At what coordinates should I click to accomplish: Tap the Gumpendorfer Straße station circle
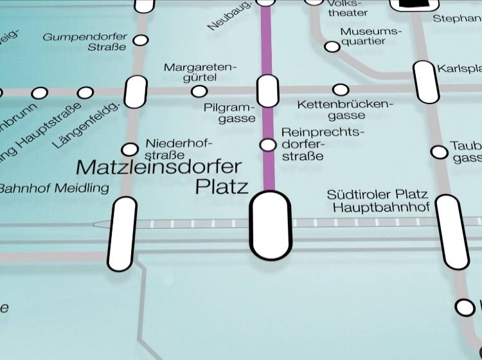click(140, 40)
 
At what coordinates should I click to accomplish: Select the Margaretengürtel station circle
click(199, 91)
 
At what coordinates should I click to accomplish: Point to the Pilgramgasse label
click(230, 113)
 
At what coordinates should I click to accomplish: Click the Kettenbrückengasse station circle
click(341, 89)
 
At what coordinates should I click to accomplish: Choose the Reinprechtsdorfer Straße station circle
click(267, 145)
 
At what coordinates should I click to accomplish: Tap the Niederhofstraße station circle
click(130, 150)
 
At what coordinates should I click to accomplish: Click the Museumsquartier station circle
click(332, 46)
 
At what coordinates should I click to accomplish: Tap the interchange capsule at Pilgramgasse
click(267, 91)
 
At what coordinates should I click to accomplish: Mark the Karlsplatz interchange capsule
click(425, 82)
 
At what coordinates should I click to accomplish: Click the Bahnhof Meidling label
click(54, 188)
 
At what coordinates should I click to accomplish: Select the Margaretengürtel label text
click(200, 72)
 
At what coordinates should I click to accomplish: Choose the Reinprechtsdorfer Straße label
click(321, 144)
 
